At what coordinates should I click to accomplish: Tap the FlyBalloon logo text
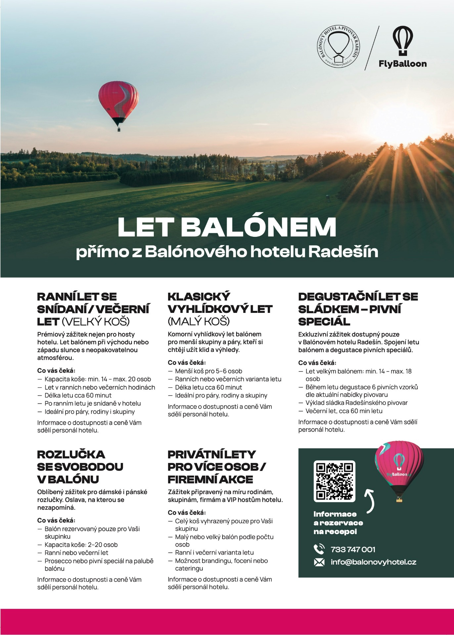coord(403,64)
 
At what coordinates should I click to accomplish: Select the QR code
coord(334,481)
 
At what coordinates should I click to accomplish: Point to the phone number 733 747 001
coord(353,549)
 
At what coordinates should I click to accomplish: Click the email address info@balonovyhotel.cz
coord(373,562)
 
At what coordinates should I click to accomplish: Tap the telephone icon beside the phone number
coord(319,549)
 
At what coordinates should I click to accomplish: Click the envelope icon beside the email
coord(319,562)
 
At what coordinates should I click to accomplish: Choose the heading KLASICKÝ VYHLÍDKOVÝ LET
coord(220,303)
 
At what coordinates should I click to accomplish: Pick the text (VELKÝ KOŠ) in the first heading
coord(96,321)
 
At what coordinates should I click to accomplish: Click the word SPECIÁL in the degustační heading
coord(324,321)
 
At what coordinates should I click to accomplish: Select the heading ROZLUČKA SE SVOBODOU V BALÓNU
coord(80,467)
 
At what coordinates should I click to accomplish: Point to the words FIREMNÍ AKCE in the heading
coord(210,479)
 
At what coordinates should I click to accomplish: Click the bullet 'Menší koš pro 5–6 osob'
coord(208,371)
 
